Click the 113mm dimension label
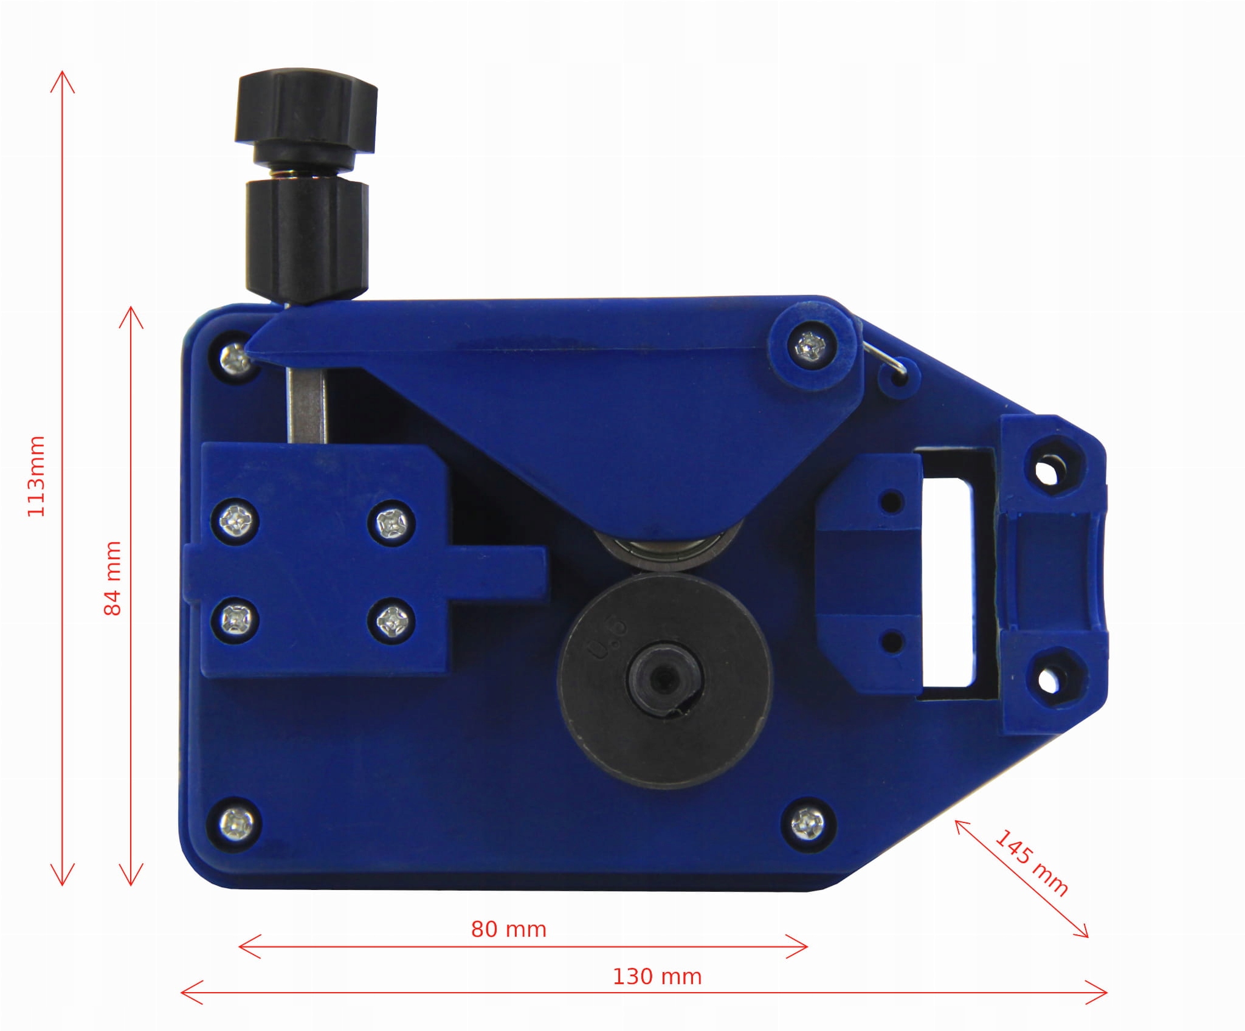point(36,475)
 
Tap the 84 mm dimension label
point(113,578)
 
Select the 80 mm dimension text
point(509,929)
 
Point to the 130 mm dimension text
point(657,976)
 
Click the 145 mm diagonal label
point(1031,863)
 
